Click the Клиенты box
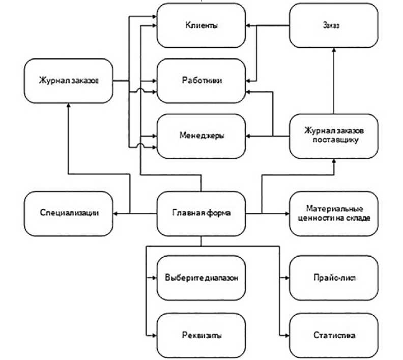201,25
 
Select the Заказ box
334,25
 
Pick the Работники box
201,80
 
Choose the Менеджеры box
201,136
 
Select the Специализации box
68,213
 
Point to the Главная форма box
201,213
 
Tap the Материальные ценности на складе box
334,213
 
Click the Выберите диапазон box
201,278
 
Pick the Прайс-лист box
334,278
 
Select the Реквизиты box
201,335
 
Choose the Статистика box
334,335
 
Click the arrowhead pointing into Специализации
116,213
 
